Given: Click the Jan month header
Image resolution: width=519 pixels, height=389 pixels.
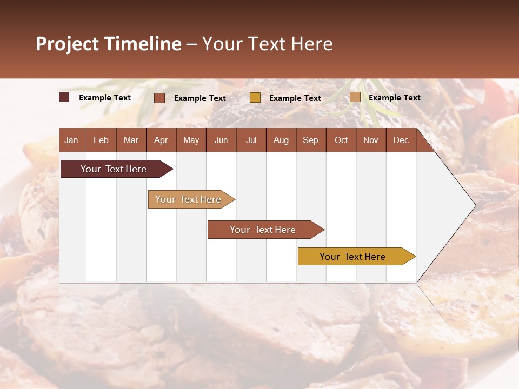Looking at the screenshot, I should point(72,140).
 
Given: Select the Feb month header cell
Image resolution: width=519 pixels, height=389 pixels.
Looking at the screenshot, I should point(101,140).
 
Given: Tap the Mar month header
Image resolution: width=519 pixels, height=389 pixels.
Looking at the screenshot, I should point(131,140).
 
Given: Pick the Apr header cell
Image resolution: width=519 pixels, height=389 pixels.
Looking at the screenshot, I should point(161,140).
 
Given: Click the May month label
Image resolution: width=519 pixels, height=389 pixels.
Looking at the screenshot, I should point(191,140).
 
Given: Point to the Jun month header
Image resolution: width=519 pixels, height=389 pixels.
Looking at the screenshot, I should point(221,140).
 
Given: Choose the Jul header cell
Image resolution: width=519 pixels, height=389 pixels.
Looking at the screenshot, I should point(251,140).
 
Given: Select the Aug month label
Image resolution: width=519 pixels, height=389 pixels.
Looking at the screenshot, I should point(281,140).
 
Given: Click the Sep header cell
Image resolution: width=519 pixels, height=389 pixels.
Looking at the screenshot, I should point(311,140).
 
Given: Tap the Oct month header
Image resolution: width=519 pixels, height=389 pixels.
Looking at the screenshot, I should point(341,140).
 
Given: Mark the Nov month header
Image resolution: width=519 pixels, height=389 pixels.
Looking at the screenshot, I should point(371,140).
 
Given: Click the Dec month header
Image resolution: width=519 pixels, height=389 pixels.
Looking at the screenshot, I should point(401,140).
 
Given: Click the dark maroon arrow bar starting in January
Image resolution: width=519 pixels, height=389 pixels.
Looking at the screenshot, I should point(114,169).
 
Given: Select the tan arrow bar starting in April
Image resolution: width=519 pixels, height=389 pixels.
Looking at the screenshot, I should point(189,199).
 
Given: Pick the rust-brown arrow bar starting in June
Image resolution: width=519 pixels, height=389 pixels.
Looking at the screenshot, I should point(263,230).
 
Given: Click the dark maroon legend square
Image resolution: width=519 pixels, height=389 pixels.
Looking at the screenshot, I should point(64,97).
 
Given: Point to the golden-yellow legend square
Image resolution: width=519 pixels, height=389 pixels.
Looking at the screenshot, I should point(255,98).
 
